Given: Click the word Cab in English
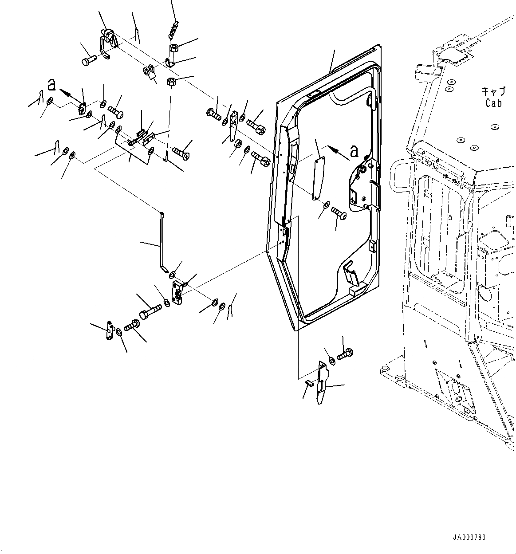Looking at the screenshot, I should (493, 103).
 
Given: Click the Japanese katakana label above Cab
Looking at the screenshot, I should (493, 92).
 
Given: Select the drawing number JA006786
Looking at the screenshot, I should (469, 537).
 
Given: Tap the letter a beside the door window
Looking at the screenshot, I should (354, 152).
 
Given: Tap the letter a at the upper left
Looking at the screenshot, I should (52, 84).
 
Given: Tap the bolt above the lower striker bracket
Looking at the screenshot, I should (345, 354).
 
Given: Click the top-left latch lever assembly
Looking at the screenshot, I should (108, 42).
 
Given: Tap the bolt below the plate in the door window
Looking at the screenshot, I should (340, 213).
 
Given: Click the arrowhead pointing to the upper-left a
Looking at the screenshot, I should (63, 92).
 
